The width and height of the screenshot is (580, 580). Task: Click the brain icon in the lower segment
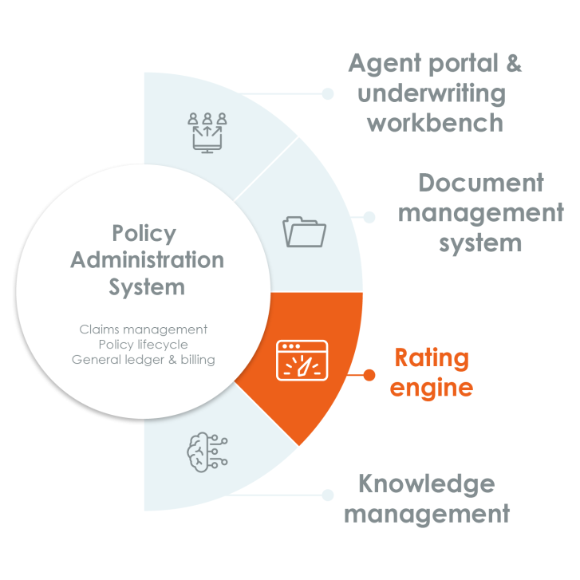[x=207, y=452]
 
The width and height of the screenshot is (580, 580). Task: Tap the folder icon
[x=304, y=231]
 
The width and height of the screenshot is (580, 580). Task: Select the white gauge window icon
[x=302, y=361]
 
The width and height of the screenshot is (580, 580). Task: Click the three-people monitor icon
[x=207, y=132]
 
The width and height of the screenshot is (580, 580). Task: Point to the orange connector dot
[x=369, y=375]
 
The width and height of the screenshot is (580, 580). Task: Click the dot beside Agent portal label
[x=327, y=93]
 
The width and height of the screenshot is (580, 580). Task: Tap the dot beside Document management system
[x=369, y=217]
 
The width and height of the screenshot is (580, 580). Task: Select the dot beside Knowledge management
[x=327, y=495]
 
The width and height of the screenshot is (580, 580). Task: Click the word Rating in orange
[x=432, y=358]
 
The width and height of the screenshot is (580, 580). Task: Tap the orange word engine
[x=432, y=389]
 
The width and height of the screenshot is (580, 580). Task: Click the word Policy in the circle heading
[x=144, y=234]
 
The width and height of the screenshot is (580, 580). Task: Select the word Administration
[x=148, y=259]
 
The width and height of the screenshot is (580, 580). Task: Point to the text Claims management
[x=144, y=329]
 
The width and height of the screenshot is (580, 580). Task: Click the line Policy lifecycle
[x=144, y=345]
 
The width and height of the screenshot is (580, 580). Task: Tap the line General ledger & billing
[x=144, y=360]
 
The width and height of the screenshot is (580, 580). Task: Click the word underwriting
[x=432, y=94]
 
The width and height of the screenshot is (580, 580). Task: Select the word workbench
[x=435, y=123]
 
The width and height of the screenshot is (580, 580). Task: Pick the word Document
[x=481, y=183]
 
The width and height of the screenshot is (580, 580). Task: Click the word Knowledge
[x=427, y=484]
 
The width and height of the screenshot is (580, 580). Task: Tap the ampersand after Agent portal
[x=514, y=63]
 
